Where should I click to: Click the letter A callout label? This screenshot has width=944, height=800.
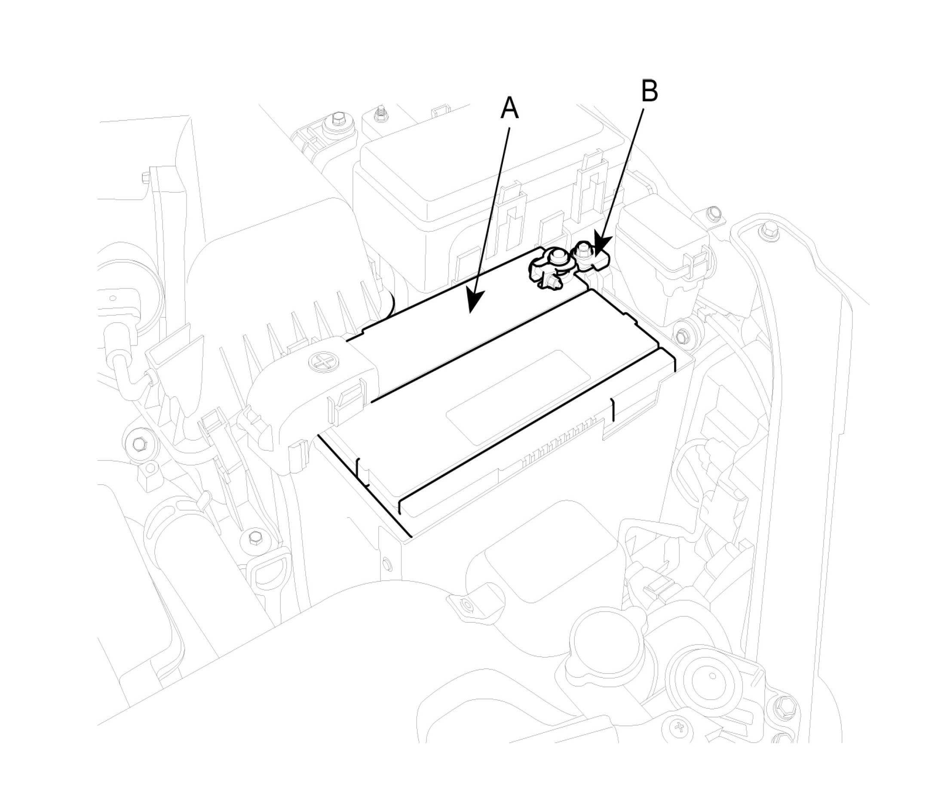(509, 109)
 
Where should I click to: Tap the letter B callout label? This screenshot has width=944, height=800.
(650, 91)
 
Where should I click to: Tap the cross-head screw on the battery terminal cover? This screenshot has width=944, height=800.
(322, 362)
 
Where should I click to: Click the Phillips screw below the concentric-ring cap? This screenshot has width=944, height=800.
(680, 740)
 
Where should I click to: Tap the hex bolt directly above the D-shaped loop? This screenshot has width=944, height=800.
(254, 539)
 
